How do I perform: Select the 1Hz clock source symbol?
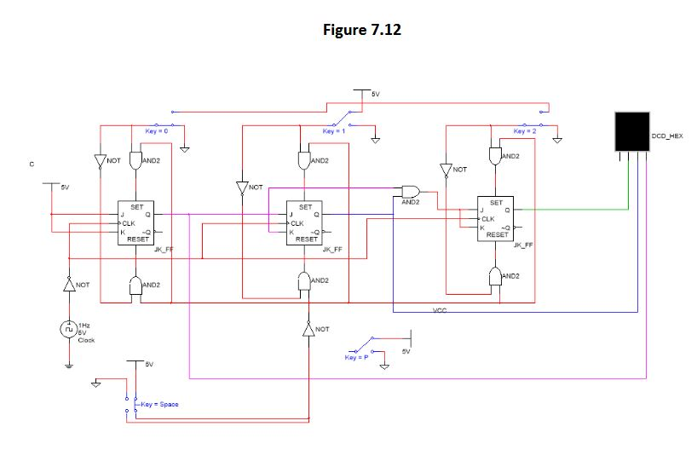[67, 329]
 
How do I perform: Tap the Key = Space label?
[159, 403]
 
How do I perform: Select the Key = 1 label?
[333, 132]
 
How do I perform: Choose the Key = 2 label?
[526, 132]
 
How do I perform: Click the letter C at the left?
[32, 163]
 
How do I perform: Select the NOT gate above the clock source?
[67, 285]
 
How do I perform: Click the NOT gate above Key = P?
[308, 329]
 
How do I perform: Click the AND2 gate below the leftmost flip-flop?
[135, 285]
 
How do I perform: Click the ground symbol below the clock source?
[67, 366]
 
